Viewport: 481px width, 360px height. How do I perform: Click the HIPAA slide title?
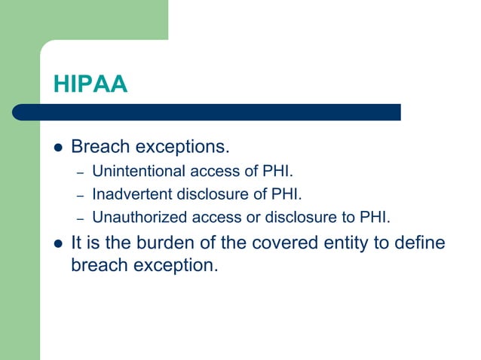point(90,84)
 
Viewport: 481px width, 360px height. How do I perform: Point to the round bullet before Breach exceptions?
point(56,146)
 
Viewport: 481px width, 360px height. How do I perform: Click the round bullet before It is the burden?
point(56,243)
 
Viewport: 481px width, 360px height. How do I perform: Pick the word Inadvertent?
point(131,194)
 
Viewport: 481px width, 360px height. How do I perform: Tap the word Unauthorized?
point(133,218)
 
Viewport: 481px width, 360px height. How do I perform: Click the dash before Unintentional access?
point(80,171)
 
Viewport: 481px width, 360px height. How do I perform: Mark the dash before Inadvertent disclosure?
point(80,194)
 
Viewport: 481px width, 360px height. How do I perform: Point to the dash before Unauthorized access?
point(80,218)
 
